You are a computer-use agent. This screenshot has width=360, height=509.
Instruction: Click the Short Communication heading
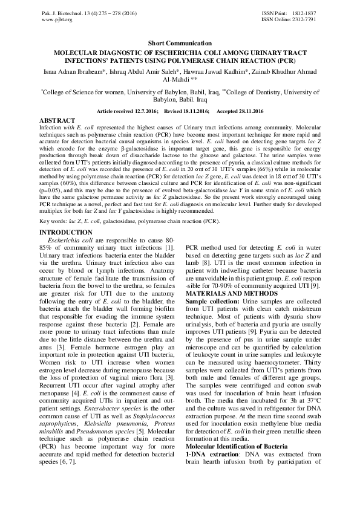coord(180,44)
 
